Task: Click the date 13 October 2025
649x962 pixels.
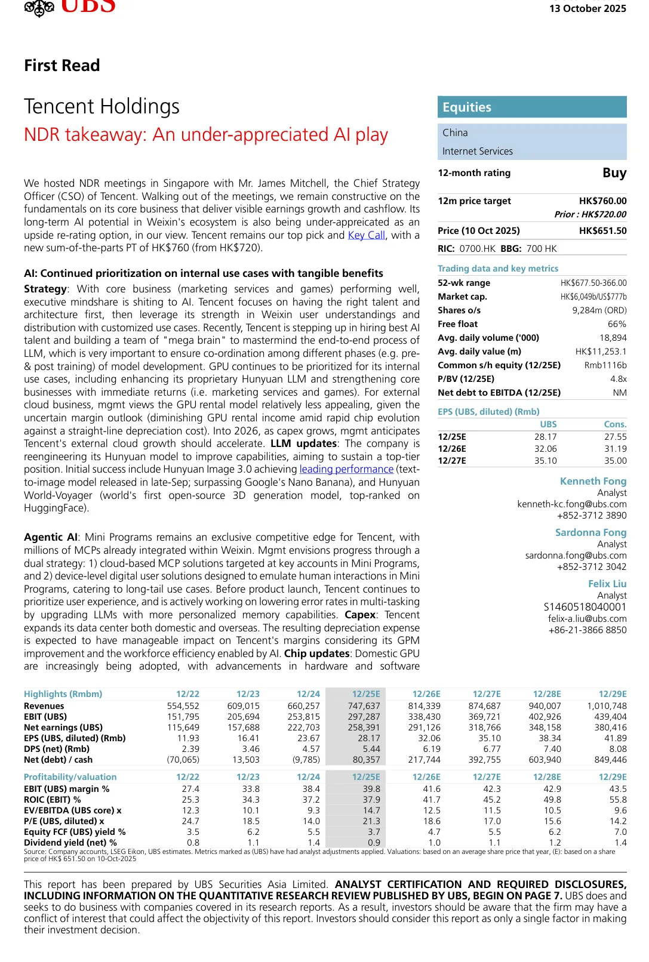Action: click(x=588, y=8)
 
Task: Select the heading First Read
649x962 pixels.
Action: click(x=62, y=66)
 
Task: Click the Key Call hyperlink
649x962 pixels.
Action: click(x=366, y=235)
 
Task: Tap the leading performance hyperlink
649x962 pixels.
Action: click(x=346, y=470)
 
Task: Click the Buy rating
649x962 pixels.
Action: click(x=614, y=173)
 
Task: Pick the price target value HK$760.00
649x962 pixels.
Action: click(x=602, y=201)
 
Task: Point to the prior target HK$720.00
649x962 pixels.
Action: click(x=590, y=214)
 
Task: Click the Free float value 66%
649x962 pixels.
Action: click(x=617, y=324)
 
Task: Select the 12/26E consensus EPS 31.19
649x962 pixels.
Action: click(x=615, y=449)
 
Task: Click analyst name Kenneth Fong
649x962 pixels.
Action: click(x=593, y=481)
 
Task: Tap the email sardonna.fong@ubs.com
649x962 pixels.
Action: click(x=576, y=556)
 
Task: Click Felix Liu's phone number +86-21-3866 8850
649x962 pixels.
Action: click(x=588, y=630)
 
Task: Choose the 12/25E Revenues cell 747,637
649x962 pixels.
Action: click(x=364, y=706)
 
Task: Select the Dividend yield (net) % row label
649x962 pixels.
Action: click(x=70, y=843)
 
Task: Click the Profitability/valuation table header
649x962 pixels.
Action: click(x=70, y=777)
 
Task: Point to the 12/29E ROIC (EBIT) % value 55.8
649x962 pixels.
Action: click(x=617, y=800)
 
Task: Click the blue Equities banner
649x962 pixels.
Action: click(x=532, y=107)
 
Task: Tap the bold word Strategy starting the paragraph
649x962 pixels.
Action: click(x=45, y=289)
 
